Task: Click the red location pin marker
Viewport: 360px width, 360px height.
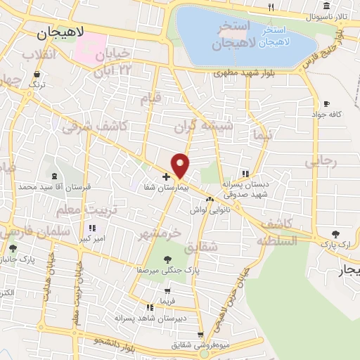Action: pos(181,165)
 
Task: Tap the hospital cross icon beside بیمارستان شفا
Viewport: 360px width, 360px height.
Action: pos(165,176)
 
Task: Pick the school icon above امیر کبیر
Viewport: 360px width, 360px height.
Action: pos(92,228)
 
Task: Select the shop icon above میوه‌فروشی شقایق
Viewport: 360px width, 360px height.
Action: pos(200,335)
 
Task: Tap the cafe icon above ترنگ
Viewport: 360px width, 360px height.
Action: pos(35,73)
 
